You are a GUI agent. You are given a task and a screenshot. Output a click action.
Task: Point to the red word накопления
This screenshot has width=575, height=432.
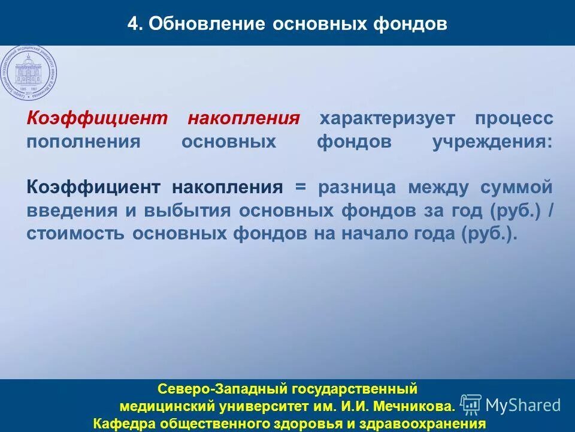pyautogui.click(x=243, y=118)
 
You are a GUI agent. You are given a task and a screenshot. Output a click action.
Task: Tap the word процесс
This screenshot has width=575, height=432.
pyautogui.click(x=514, y=118)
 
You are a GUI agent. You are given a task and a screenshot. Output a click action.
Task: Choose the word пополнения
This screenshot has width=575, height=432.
pyautogui.click(x=83, y=142)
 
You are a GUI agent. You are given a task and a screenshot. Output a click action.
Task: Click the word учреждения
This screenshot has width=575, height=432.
pyautogui.click(x=493, y=142)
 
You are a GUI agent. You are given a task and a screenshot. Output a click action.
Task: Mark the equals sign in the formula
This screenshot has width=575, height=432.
pyautogui.click(x=300, y=187)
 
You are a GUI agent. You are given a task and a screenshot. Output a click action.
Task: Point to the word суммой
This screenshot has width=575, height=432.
pyautogui.click(x=516, y=187)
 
